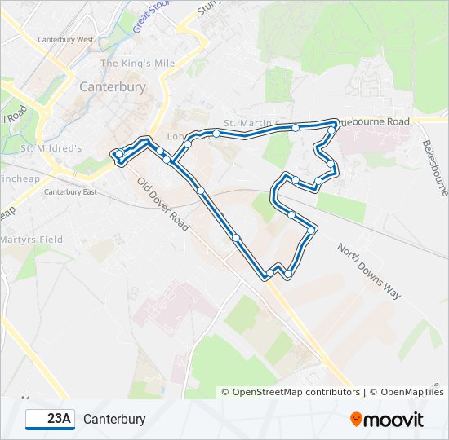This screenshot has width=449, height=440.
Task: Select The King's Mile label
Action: pyautogui.click(x=138, y=64)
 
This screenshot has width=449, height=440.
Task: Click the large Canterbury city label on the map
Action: pyautogui.click(x=113, y=86)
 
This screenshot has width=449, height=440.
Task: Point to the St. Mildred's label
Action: pyautogui.click(x=51, y=148)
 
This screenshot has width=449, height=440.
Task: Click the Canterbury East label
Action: pyautogui.click(x=69, y=192)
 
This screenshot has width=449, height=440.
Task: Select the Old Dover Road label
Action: pyautogui.click(x=163, y=204)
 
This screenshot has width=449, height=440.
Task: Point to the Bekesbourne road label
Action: pyautogui.click(x=435, y=167)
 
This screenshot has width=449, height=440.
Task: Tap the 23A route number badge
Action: pyautogui.click(x=51, y=420)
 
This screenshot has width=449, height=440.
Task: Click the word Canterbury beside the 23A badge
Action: pyautogui.click(x=114, y=420)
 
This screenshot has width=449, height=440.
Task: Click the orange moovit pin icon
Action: pyautogui.click(x=357, y=419)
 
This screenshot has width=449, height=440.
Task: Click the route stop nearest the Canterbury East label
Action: pyautogui.click(x=119, y=154)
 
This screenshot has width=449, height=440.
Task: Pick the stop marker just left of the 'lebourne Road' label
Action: pyautogui.click(x=332, y=128)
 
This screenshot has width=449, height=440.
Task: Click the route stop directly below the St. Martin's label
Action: pyautogui.click(x=216, y=133)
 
